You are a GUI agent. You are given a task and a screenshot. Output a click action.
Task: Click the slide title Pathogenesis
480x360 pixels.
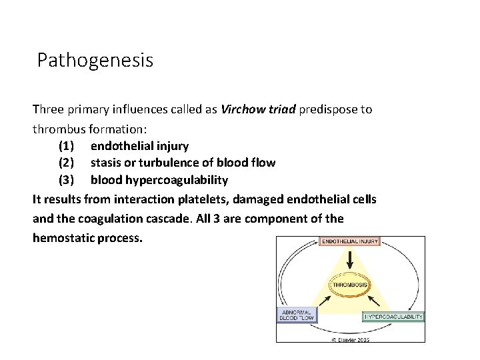[95, 61]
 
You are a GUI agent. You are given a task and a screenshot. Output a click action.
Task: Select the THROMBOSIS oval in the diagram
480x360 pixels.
[350, 285]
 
